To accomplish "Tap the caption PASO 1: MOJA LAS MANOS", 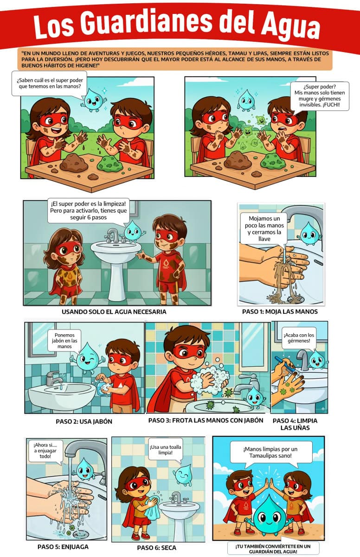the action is coord(280,311).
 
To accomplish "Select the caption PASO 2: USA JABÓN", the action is coord(84,421).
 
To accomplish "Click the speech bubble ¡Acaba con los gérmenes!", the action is coord(299,338).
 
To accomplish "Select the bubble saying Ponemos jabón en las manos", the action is coord(64,341).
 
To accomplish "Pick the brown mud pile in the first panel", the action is coord(74,163).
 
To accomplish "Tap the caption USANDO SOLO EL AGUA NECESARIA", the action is coord(114,312).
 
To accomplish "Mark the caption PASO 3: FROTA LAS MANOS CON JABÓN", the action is coord(206,421).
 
